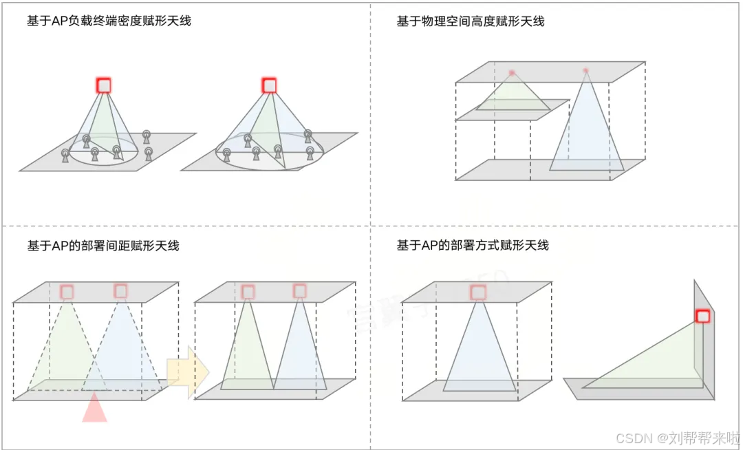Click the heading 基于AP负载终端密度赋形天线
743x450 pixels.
point(109,21)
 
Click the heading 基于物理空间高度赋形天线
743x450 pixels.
point(471,21)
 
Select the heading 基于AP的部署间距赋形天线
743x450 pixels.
point(103,246)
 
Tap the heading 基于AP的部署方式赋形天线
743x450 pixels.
point(473,246)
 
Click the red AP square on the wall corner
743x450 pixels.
point(702,316)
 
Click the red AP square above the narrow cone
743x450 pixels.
point(104,85)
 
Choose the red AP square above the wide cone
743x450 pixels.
point(269,85)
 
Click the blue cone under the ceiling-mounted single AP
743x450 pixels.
point(479,354)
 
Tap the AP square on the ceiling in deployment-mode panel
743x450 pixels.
point(478,292)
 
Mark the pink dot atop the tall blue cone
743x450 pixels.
point(586,71)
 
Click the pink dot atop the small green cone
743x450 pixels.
point(512,73)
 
